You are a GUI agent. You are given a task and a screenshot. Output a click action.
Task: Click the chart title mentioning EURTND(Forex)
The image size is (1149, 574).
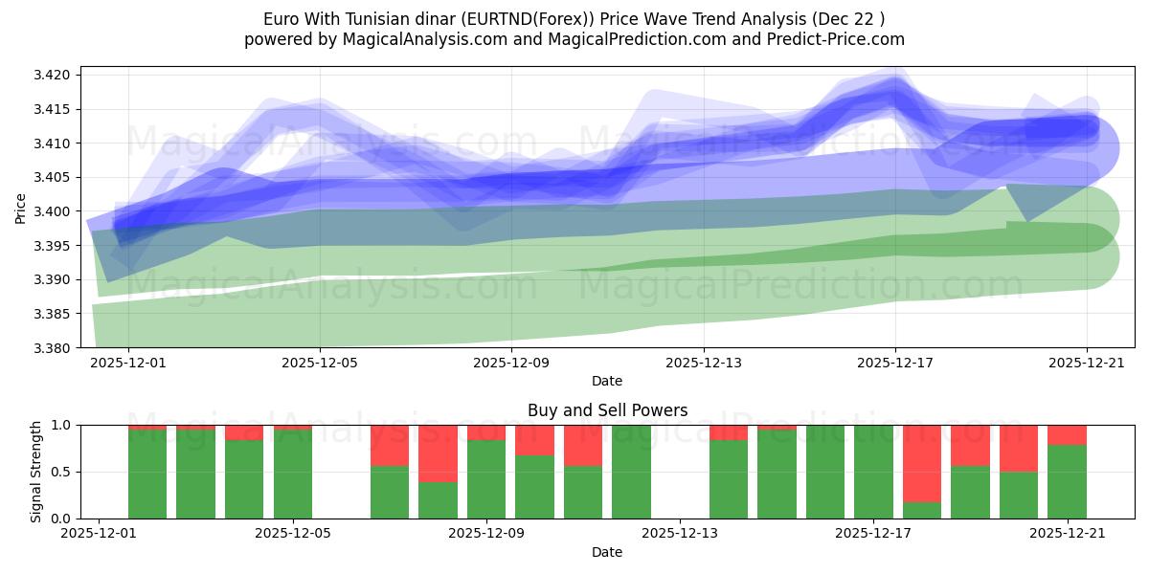tap(574, 19)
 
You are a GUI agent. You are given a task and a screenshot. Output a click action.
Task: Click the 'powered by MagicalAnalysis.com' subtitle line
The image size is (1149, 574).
tap(574, 39)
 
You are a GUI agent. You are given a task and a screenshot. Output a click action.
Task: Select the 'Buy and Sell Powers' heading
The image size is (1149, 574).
tap(607, 410)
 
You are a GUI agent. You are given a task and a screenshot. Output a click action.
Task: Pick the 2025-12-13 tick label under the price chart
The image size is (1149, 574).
tap(703, 363)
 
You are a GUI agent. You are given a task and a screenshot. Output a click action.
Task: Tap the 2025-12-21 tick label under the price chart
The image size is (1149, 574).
tap(1086, 363)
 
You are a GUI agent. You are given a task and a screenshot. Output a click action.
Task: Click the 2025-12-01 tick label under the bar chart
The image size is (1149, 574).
tap(99, 534)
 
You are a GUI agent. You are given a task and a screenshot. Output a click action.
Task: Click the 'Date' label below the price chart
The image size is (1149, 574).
tap(607, 381)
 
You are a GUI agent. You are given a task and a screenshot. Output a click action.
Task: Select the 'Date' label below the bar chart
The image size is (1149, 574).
tap(607, 552)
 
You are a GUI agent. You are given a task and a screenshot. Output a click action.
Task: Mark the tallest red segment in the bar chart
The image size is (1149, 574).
tap(922, 463)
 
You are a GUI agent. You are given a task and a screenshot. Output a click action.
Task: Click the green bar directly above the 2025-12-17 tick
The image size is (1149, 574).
tap(873, 472)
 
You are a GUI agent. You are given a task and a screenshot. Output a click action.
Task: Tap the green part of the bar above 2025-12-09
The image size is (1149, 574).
tap(486, 479)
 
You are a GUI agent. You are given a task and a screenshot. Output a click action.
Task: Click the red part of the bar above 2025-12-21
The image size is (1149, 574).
tap(1067, 434)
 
